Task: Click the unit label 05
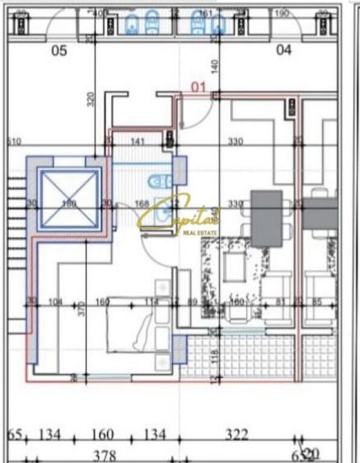click(59, 51)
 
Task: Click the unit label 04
click(284, 50)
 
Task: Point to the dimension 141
click(139, 142)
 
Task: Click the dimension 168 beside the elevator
click(142, 204)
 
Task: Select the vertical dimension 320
click(90, 99)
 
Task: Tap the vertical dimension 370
click(82, 309)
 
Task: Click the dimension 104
click(55, 302)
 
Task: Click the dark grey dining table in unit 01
click(267, 218)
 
